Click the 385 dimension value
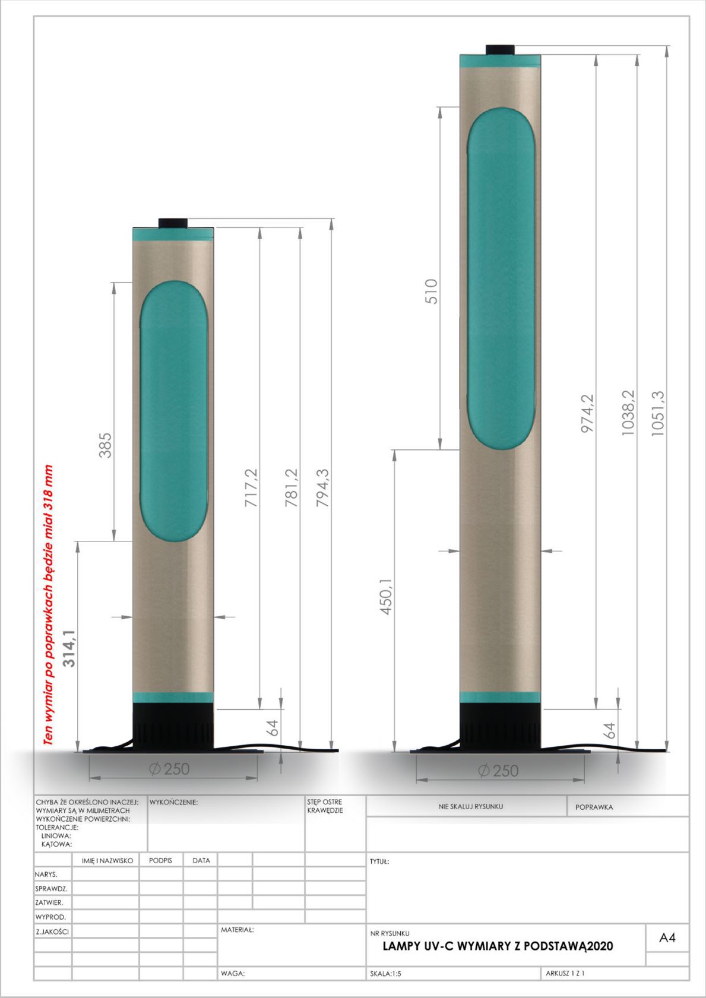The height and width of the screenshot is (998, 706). click(x=105, y=445)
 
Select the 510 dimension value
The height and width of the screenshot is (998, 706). click(x=432, y=291)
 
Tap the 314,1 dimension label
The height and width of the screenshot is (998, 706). click(x=69, y=648)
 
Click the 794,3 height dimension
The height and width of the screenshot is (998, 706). click(x=322, y=487)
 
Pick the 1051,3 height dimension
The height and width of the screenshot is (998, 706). click(x=658, y=414)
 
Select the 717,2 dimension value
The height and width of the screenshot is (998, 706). click(x=251, y=487)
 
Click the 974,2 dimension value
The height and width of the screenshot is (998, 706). click(x=587, y=414)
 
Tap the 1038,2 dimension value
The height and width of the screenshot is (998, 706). click(x=628, y=414)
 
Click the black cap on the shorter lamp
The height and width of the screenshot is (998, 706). click(x=173, y=223)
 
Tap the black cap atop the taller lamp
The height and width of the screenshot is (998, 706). click(x=500, y=49)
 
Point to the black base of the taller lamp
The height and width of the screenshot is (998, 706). click(x=500, y=725)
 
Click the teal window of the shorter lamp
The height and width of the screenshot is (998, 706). click(x=173, y=411)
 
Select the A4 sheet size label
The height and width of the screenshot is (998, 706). click(x=667, y=938)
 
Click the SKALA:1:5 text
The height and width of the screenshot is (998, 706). click(x=385, y=974)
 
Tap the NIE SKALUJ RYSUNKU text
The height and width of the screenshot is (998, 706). click(x=470, y=806)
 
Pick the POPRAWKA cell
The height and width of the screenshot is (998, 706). click(x=594, y=807)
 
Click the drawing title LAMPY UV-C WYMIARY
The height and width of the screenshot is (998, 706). click(x=498, y=946)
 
